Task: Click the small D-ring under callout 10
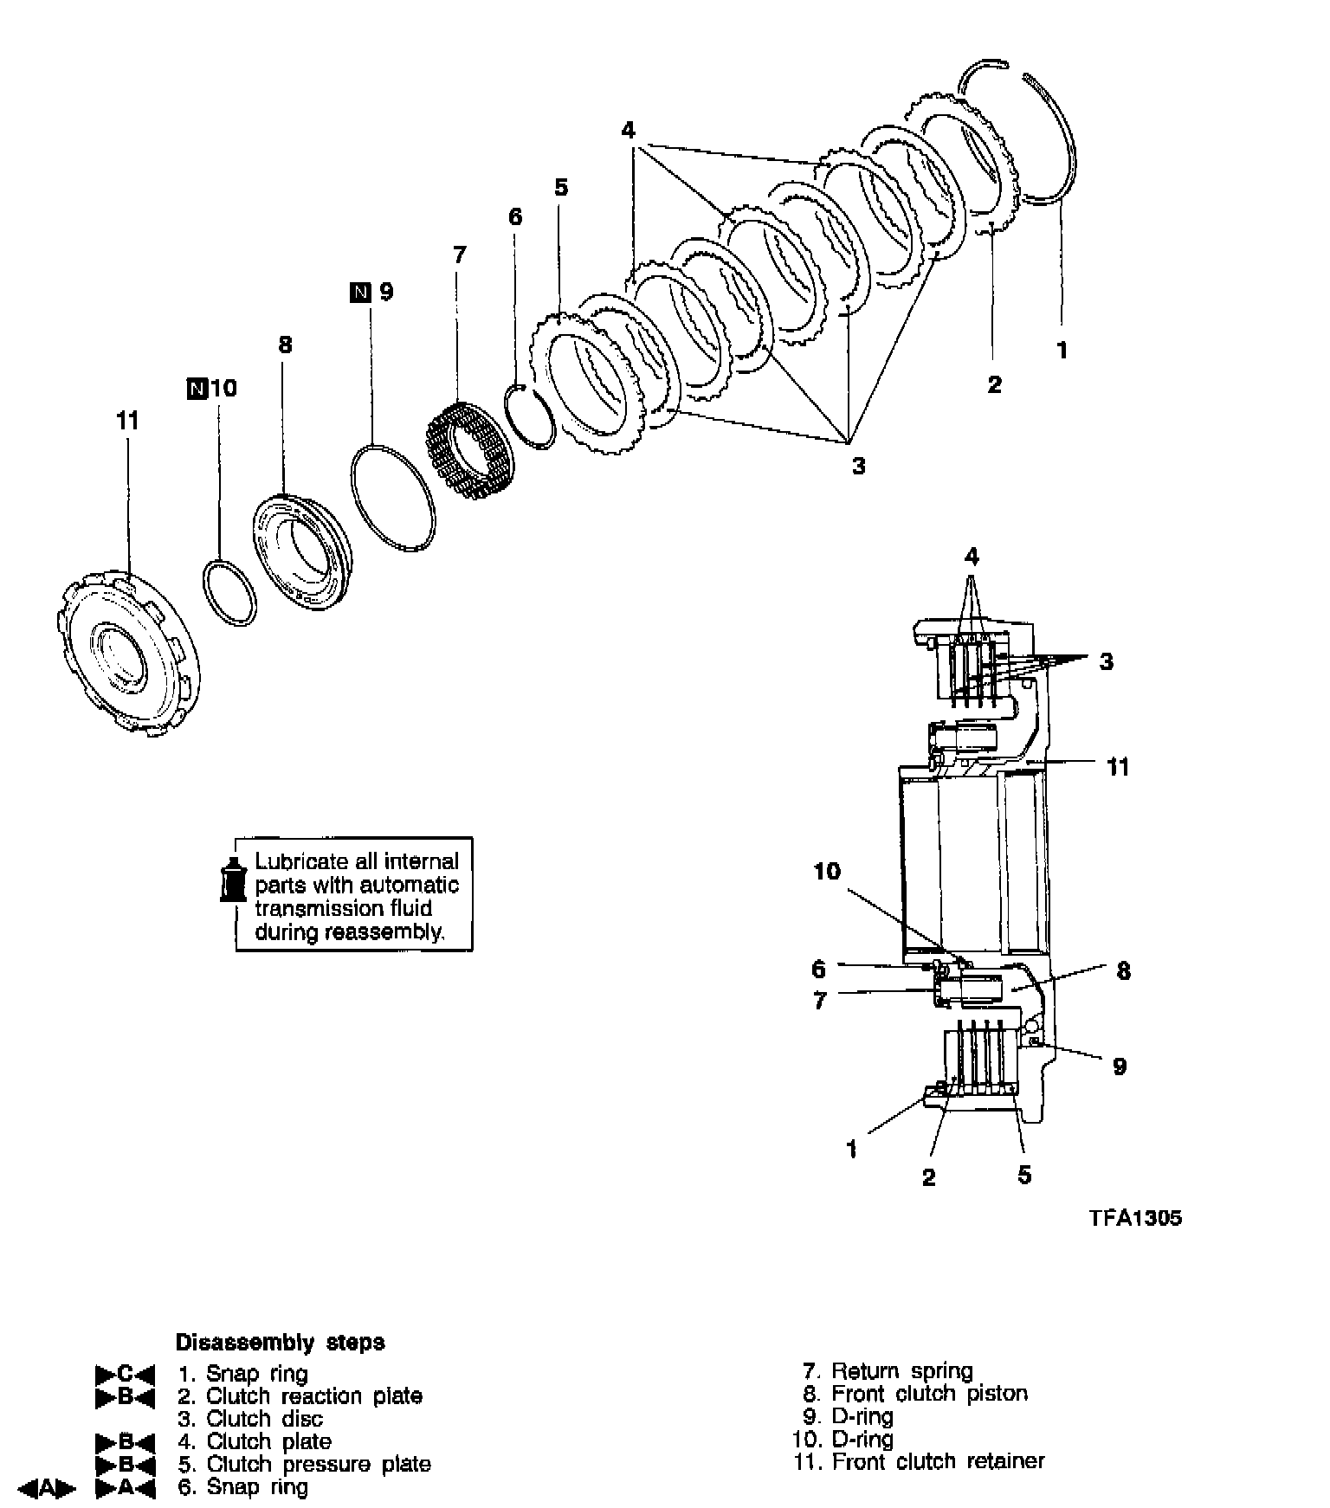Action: coord(230,592)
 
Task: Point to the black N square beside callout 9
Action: coord(360,293)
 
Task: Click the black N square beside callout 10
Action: coord(197,389)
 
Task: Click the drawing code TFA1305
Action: coord(1135,1218)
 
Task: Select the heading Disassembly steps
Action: coord(280,1343)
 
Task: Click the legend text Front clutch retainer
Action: coord(938,1461)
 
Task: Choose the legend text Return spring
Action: coord(901,1371)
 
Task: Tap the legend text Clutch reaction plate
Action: coord(313,1396)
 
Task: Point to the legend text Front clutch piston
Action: coord(929,1394)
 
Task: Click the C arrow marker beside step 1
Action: coord(125,1374)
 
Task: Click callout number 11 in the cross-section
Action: coord(1118,767)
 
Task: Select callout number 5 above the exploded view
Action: coord(561,188)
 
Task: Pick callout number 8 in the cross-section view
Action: coord(1123,971)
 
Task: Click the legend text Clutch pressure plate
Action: coord(318,1464)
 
